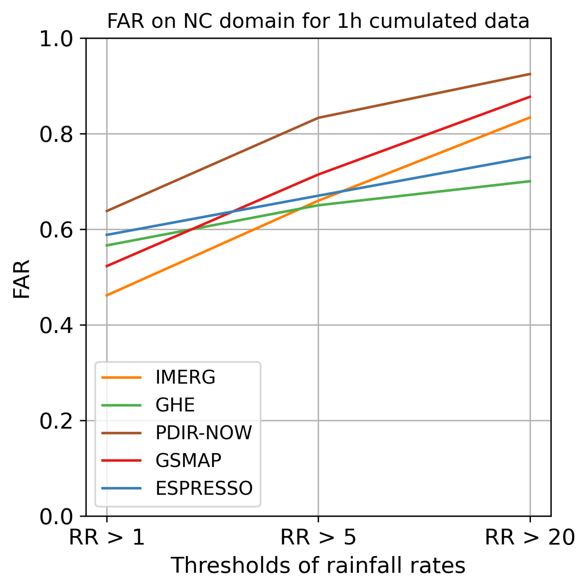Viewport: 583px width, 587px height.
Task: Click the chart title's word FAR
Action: pyautogui.click(x=125, y=21)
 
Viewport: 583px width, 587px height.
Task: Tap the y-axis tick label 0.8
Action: pyautogui.click(x=56, y=134)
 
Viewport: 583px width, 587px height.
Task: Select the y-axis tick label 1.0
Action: pyautogui.click(x=56, y=39)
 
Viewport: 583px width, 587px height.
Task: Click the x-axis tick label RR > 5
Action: pyautogui.click(x=318, y=537)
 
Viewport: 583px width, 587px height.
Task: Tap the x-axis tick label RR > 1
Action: pyautogui.click(x=107, y=537)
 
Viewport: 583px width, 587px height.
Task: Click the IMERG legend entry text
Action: pyautogui.click(x=185, y=378)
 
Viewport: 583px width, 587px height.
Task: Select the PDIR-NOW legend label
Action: pyautogui.click(x=203, y=433)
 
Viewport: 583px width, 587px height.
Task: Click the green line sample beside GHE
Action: pyautogui.click(x=121, y=405)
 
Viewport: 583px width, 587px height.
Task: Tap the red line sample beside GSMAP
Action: pyautogui.click(x=121, y=461)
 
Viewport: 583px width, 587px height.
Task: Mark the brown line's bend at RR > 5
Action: pyautogui.click(x=318, y=117)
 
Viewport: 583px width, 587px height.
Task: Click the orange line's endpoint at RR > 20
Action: pyautogui.click(x=530, y=117)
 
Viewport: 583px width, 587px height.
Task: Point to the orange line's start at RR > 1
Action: pyautogui.click(x=107, y=295)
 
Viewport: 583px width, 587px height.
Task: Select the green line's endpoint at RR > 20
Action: pyautogui.click(x=530, y=181)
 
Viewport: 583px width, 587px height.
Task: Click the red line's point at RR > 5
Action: pyautogui.click(x=318, y=175)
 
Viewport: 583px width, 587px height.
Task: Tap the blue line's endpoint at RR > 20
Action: pyautogui.click(x=530, y=157)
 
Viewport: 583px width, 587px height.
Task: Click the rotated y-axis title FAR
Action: pyautogui.click(x=22, y=279)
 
